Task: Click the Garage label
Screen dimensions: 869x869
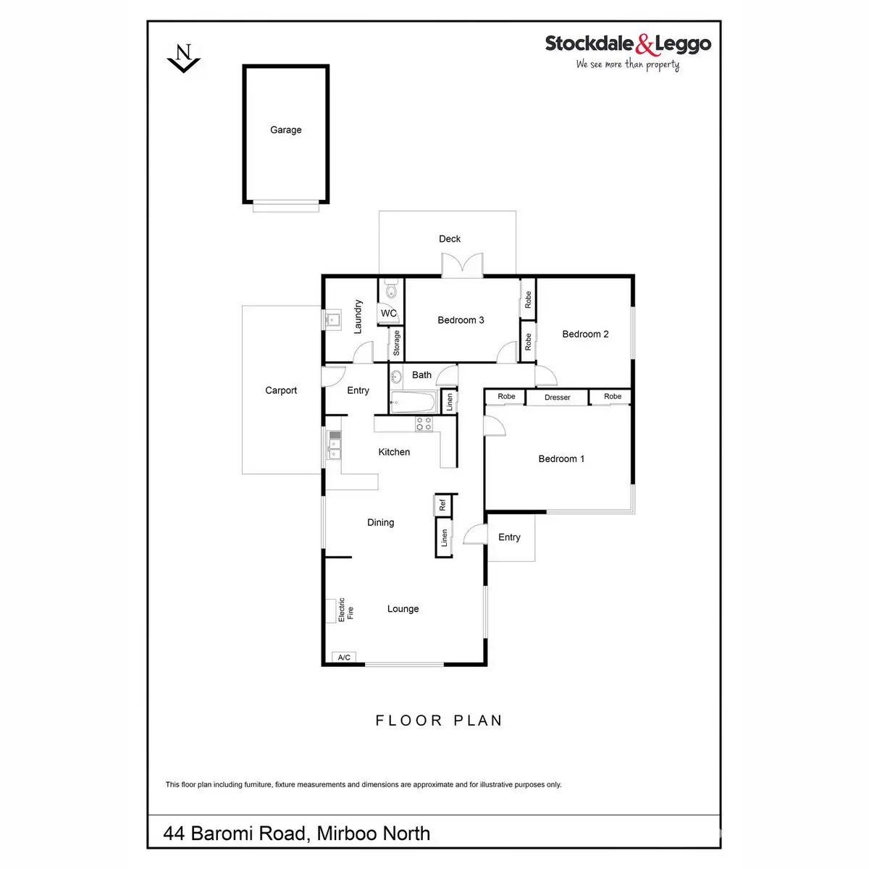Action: coord(285,130)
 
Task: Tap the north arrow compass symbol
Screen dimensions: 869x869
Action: coord(184,58)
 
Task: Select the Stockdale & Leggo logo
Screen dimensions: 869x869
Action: coord(627,50)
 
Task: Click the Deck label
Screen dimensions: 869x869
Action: coord(450,239)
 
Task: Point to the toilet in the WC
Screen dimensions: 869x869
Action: coord(390,291)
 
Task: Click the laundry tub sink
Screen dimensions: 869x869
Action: coord(333,319)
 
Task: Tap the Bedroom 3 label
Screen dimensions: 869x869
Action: coord(461,320)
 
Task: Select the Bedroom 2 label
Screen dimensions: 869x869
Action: coord(585,335)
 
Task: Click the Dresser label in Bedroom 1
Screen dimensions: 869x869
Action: coord(557,398)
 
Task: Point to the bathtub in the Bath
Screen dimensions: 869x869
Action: coord(412,402)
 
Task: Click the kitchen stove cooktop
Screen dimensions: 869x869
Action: coord(424,424)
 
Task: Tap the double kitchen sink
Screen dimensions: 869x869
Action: coord(334,445)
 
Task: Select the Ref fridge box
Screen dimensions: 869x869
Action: coord(442,505)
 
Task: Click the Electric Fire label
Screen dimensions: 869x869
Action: coord(345,610)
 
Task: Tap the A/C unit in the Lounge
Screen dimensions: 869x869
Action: coord(344,658)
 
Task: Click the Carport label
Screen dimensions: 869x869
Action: coord(281,391)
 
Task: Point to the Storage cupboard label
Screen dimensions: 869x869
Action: coord(396,343)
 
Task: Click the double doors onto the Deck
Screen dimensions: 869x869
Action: coord(462,266)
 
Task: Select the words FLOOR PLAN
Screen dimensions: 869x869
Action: coord(438,721)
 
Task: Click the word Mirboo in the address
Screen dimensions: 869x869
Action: coord(350,834)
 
